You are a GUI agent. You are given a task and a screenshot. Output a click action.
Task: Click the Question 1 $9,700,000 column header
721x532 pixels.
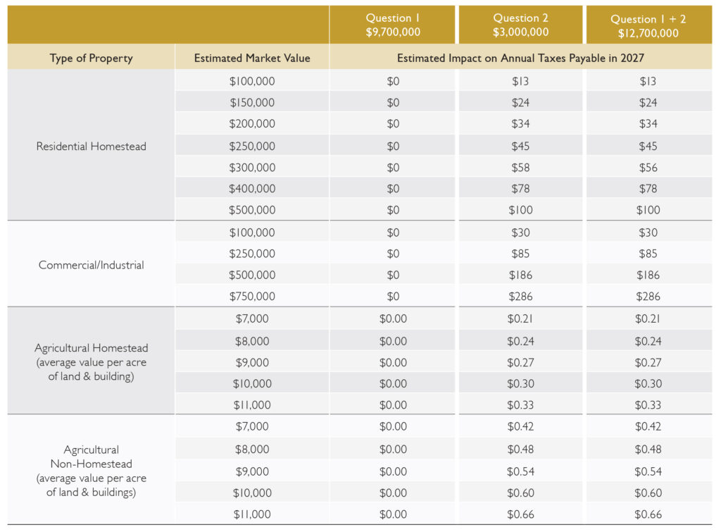[x=393, y=25]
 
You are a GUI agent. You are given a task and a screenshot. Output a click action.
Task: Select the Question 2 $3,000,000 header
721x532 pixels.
[x=520, y=25]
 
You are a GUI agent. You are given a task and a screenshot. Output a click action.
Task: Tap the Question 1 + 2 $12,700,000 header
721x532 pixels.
[x=648, y=26]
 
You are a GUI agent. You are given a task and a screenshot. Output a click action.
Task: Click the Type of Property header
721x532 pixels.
[x=91, y=58]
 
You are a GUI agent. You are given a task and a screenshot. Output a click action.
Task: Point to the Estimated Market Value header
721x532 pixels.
[x=252, y=58]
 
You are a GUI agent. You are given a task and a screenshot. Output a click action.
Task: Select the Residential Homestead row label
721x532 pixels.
[x=91, y=147]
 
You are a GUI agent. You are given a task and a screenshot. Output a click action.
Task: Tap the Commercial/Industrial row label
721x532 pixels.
[x=91, y=265]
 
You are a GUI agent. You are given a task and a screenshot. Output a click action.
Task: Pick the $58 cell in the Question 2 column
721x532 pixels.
[x=520, y=168]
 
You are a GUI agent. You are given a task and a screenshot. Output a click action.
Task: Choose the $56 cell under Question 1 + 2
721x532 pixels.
[x=648, y=168]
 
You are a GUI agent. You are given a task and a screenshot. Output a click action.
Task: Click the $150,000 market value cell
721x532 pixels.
[x=252, y=102]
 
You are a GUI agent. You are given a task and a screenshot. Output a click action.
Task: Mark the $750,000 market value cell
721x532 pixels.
[x=252, y=297]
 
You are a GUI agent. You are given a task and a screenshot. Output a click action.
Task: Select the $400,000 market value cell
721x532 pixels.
[x=252, y=189]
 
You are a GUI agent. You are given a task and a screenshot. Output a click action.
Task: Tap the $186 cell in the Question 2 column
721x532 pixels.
[x=520, y=276]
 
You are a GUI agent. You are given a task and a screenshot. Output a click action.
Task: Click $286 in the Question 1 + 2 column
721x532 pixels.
[x=648, y=297]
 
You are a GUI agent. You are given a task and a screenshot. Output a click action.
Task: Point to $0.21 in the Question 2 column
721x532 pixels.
[x=520, y=318]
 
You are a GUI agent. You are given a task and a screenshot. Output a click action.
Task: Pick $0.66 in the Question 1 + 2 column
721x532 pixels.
[x=648, y=514]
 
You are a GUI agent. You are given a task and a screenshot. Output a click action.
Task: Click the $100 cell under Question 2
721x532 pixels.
[x=520, y=210]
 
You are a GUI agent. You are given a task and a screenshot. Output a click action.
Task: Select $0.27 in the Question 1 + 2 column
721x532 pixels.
[x=648, y=363]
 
